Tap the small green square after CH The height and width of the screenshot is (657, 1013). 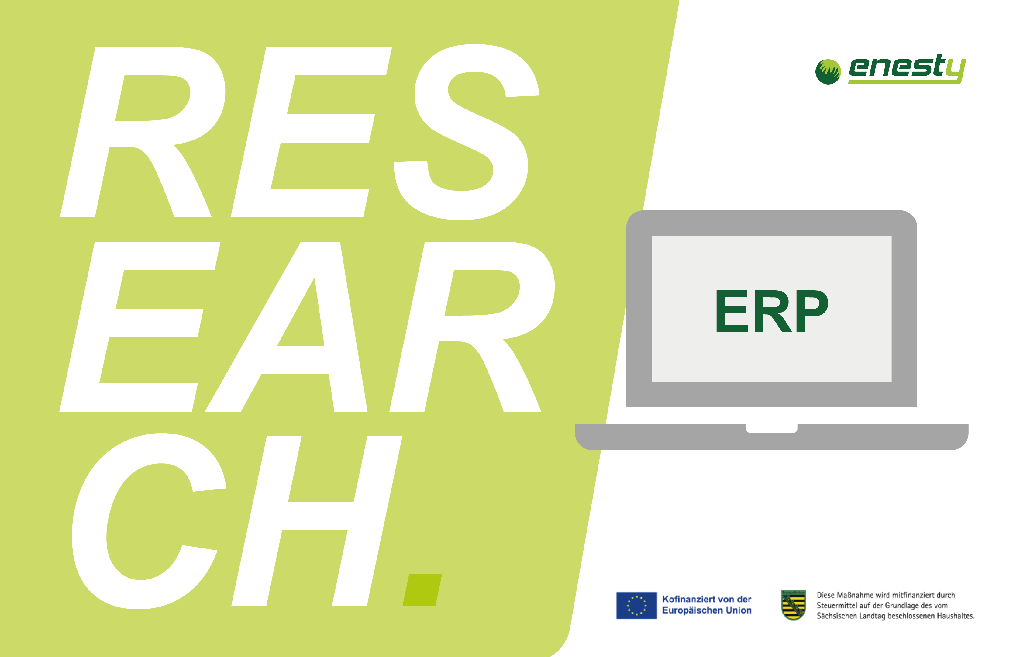pos(422,590)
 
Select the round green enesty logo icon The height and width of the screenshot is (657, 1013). pos(828,71)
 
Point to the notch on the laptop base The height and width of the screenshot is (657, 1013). pos(772,428)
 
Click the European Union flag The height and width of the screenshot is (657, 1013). pos(637,605)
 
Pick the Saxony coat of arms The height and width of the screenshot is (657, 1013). pos(793,605)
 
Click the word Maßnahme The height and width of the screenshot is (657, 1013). pos(855,595)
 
